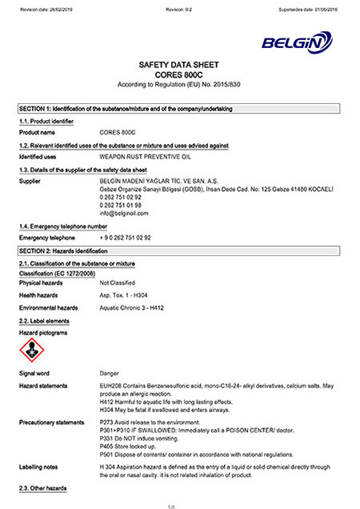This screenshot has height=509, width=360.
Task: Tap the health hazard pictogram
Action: (31, 349)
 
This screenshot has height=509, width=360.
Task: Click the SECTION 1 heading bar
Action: (179, 108)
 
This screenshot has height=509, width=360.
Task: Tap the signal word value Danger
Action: (110, 373)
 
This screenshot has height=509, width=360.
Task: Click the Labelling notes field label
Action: (39, 465)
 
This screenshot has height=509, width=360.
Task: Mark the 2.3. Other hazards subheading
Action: (44, 487)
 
